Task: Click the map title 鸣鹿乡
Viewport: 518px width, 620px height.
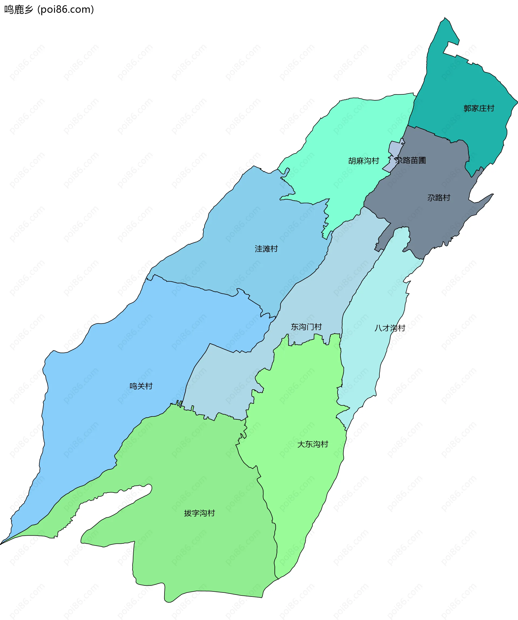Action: (x=18, y=10)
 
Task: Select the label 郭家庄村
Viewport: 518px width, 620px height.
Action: (x=479, y=108)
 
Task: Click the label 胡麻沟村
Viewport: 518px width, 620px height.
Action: (x=363, y=161)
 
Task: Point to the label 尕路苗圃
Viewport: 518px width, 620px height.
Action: (x=410, y=160)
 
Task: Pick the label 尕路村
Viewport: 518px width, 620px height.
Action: (x=439, y=198)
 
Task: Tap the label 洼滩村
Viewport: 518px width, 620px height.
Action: (x=266, y=249)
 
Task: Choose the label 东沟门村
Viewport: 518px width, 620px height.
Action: (x=306, y=327)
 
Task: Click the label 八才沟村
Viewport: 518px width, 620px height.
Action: (x=390, y=328)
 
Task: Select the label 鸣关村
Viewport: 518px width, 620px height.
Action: (x=141, y=386)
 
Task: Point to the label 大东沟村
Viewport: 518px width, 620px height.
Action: (x=313, y=444)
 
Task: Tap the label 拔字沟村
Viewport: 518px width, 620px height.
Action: (x=199, y=513)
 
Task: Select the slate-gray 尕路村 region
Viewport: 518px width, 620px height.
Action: (x=428, y=224)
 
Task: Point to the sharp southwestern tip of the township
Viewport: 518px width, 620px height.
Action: (x=1, y=544)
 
